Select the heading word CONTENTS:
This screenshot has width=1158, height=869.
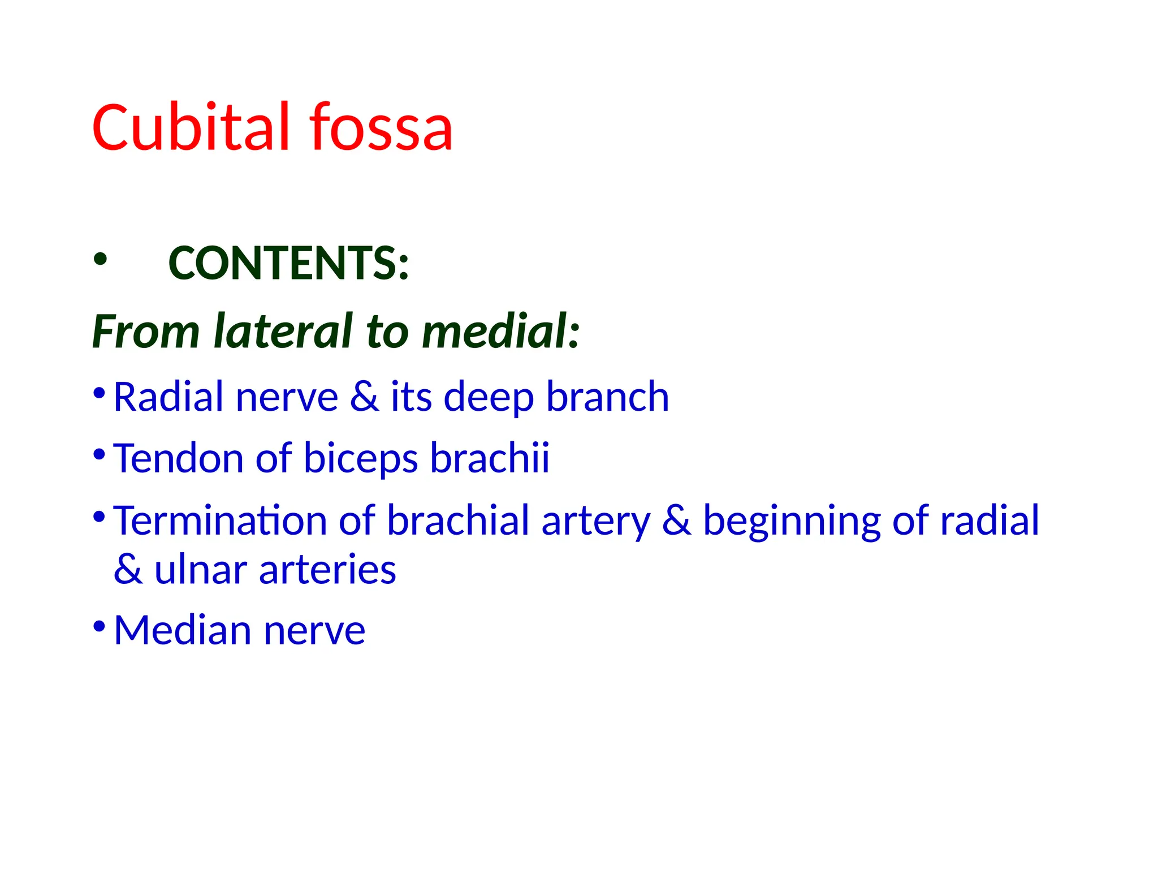[x=288, y=263]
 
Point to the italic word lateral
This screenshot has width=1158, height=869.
[x=283, y=331]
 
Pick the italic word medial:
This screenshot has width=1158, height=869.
[x=500, y=331]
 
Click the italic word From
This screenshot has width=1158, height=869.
[x=146, y=332]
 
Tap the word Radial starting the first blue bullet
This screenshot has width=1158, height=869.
[x=168, y=397]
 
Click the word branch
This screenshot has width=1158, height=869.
[x=607, y=397]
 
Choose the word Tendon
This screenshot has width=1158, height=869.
[x=179, y=458]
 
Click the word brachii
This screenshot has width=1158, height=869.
[x=490, y=458]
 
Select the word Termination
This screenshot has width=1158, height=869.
[x=221, y=520]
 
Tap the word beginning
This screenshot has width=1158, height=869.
[x=792, y=521]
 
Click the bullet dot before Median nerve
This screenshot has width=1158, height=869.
[x=99, y=626]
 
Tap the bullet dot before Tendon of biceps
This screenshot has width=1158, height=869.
[x=99, y=454]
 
